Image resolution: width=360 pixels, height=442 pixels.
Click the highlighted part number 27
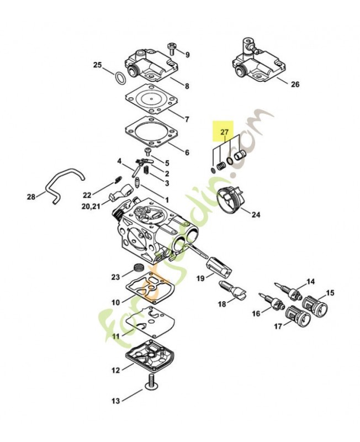[224, 132]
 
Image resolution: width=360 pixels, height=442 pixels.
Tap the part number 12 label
[115, 371]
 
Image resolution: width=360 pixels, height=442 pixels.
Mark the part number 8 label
[187, 86]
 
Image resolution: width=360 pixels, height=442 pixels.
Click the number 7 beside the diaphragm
[187, 119]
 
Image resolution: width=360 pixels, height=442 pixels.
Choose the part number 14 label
[311, 282]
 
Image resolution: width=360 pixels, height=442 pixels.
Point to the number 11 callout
[115, 335]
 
